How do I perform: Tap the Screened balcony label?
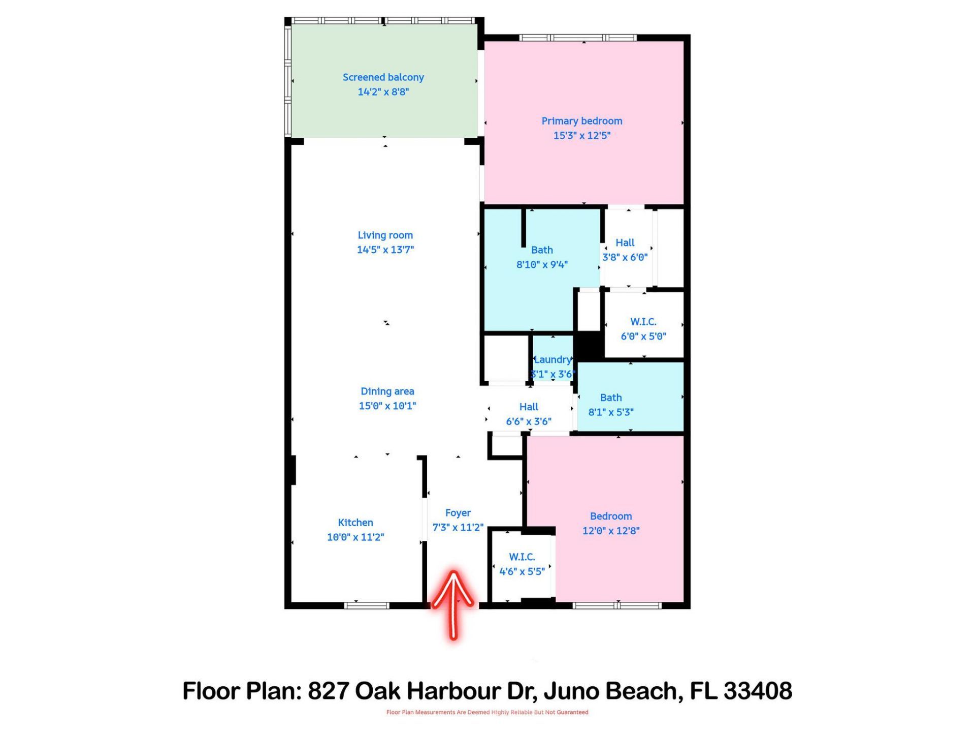pos(383,77)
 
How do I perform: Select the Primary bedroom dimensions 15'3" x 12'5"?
pos(581,136)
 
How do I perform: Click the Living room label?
pos(385,235)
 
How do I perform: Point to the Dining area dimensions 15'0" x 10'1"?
pos(387,406)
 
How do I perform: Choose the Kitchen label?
pos(355,523)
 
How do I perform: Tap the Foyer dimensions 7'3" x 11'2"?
pos(458,528)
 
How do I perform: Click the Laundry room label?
pos(552,360)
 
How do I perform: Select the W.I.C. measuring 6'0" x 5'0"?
pos(643,329)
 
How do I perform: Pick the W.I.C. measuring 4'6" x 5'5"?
pos(522,564)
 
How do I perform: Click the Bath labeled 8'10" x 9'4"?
pos(542,257)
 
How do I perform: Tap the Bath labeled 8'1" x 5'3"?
pos(610,405)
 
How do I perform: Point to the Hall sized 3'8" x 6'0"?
pos(625,250)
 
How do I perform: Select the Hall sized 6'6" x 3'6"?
pos(528,414)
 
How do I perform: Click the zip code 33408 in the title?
pos(758,691)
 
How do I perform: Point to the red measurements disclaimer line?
pos(487,712)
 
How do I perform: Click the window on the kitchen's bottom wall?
pos(367,605)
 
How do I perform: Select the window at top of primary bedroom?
pos(577,38)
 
